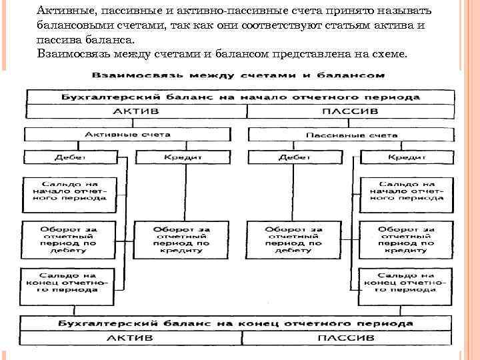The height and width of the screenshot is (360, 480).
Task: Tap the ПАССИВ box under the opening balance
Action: coord(350,111)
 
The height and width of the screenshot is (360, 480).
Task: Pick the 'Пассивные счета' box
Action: coord(351,135)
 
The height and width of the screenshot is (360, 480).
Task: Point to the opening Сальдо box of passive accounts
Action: coord(406,191)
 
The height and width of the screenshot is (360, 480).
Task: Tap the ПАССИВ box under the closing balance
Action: coord(350,339)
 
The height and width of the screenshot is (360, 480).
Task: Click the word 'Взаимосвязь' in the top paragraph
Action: coord(73,53)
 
